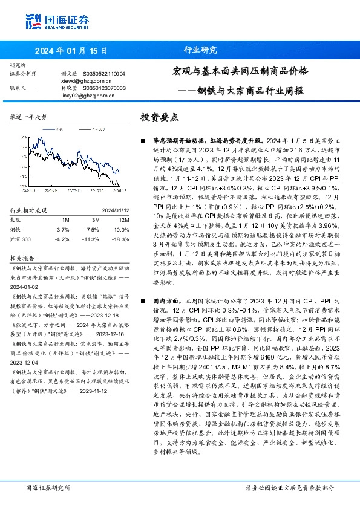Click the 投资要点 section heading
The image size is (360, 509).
coord(159,118)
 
